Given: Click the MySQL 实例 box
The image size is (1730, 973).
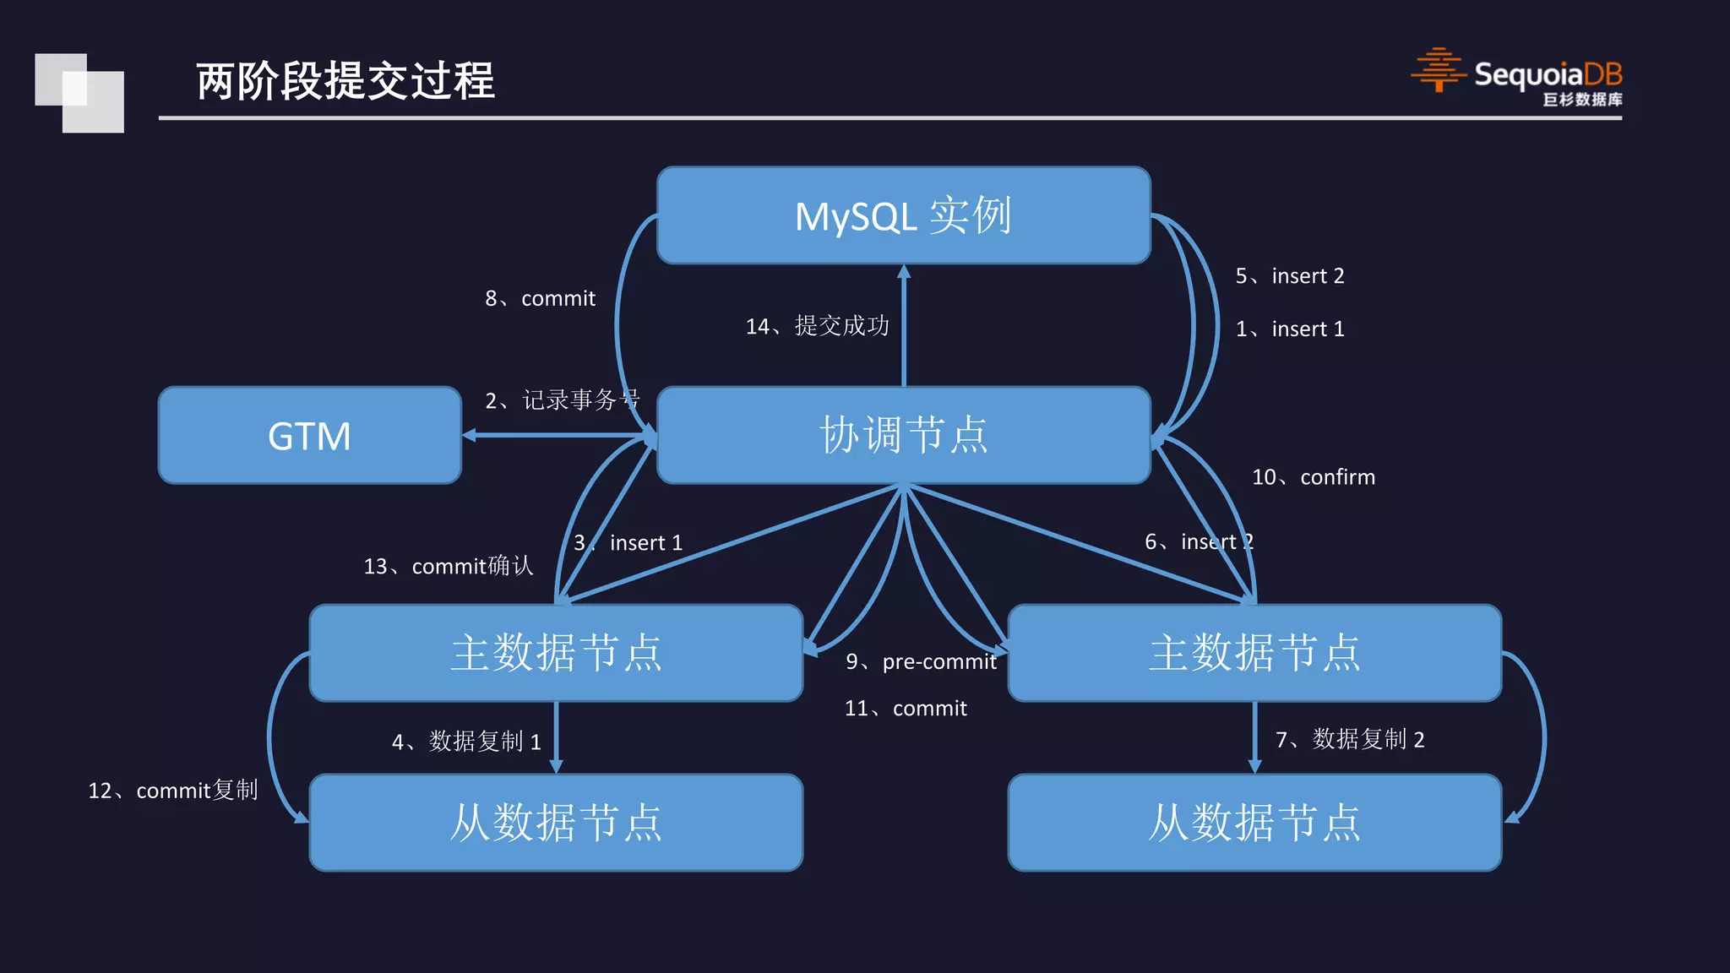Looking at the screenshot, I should [903, 215].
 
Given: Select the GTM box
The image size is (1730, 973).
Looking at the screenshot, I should [309, 436].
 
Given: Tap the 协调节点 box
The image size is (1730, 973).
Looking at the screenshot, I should [903, 436].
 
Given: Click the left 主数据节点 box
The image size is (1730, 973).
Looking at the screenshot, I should [556, 653].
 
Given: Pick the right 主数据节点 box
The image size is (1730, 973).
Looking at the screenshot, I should [1254, 653].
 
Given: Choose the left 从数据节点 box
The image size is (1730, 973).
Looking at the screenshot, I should [556, 823].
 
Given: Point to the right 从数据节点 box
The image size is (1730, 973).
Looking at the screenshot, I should [1254, 823].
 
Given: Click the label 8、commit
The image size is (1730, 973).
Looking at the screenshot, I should [540, 298].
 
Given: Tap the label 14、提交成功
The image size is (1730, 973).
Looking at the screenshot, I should [817, 326].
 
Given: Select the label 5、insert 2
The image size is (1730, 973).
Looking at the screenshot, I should [1289, 276].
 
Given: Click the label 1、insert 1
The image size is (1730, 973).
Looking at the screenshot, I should [1289, 329].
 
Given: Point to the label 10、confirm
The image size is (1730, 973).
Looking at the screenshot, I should [1313, 477].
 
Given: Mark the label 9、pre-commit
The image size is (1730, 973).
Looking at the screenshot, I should [921, 661].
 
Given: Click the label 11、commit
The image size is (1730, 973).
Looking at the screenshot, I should [906, 708].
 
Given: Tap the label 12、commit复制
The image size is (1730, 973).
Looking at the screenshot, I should [173, 791].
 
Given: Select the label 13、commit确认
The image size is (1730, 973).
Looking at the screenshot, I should [449, 566].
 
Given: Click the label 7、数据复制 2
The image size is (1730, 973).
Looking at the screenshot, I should [1350, 740].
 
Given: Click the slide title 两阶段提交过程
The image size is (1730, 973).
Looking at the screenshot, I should [345, 81].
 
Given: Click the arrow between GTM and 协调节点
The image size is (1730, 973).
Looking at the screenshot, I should [558, 435].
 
